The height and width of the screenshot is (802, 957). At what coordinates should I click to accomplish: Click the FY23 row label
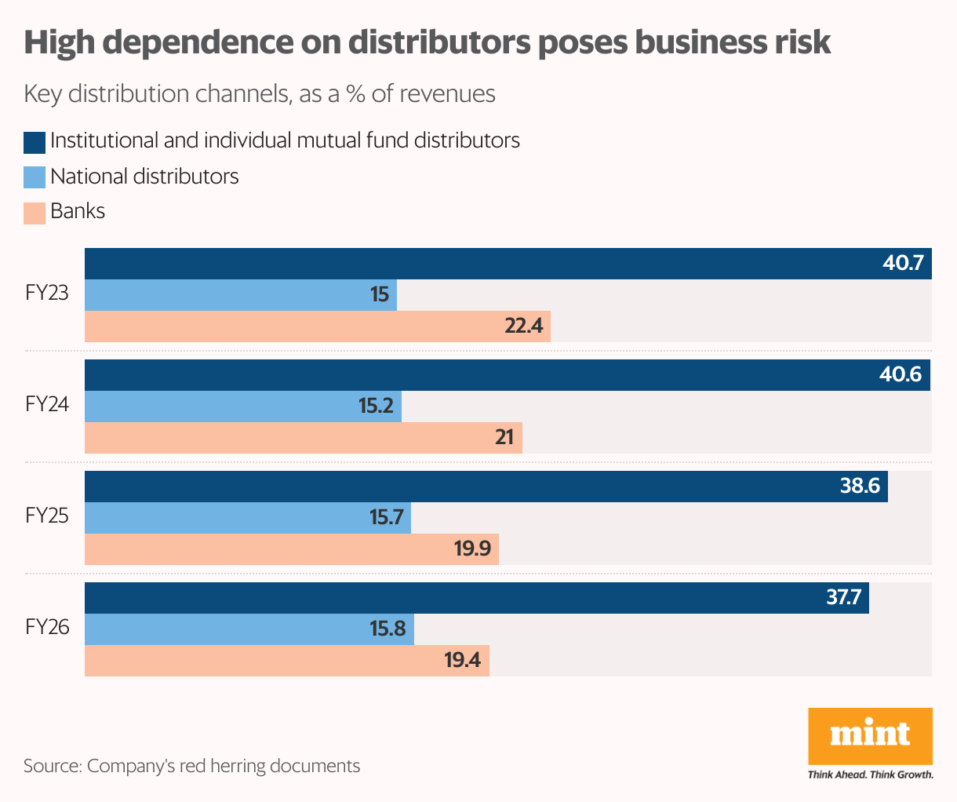(x=47, y=294)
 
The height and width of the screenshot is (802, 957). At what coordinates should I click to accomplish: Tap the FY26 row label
(x=47, y=628)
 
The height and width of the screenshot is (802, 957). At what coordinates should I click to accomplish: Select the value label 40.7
(x=903, y=263)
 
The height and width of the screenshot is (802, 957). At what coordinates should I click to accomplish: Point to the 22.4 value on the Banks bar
(x=524, y=326)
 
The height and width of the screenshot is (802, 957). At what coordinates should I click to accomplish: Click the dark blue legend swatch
(x=35, y=142)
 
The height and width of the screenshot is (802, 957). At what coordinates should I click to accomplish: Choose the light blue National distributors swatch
(x=35, y=177)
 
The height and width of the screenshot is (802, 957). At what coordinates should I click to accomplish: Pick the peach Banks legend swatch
(x=35, y=213)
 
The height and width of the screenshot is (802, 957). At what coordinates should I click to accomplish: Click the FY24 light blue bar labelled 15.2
(x=243, y=406)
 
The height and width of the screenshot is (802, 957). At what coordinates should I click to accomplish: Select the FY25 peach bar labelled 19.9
(x=290, y=549)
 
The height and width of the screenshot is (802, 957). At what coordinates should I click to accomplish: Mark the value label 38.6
(x=860, y=487)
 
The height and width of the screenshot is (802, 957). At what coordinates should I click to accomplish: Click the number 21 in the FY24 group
(x=504, y=437)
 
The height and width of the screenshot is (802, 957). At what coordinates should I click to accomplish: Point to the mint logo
(x=870, y=735)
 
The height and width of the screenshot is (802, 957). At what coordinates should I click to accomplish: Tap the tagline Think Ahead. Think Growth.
(x=870, y=775)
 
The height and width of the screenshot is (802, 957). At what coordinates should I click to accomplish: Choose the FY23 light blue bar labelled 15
(x=240, y=295)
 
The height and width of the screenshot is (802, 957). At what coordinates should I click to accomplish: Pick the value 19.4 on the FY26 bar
(x=462, y=660)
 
